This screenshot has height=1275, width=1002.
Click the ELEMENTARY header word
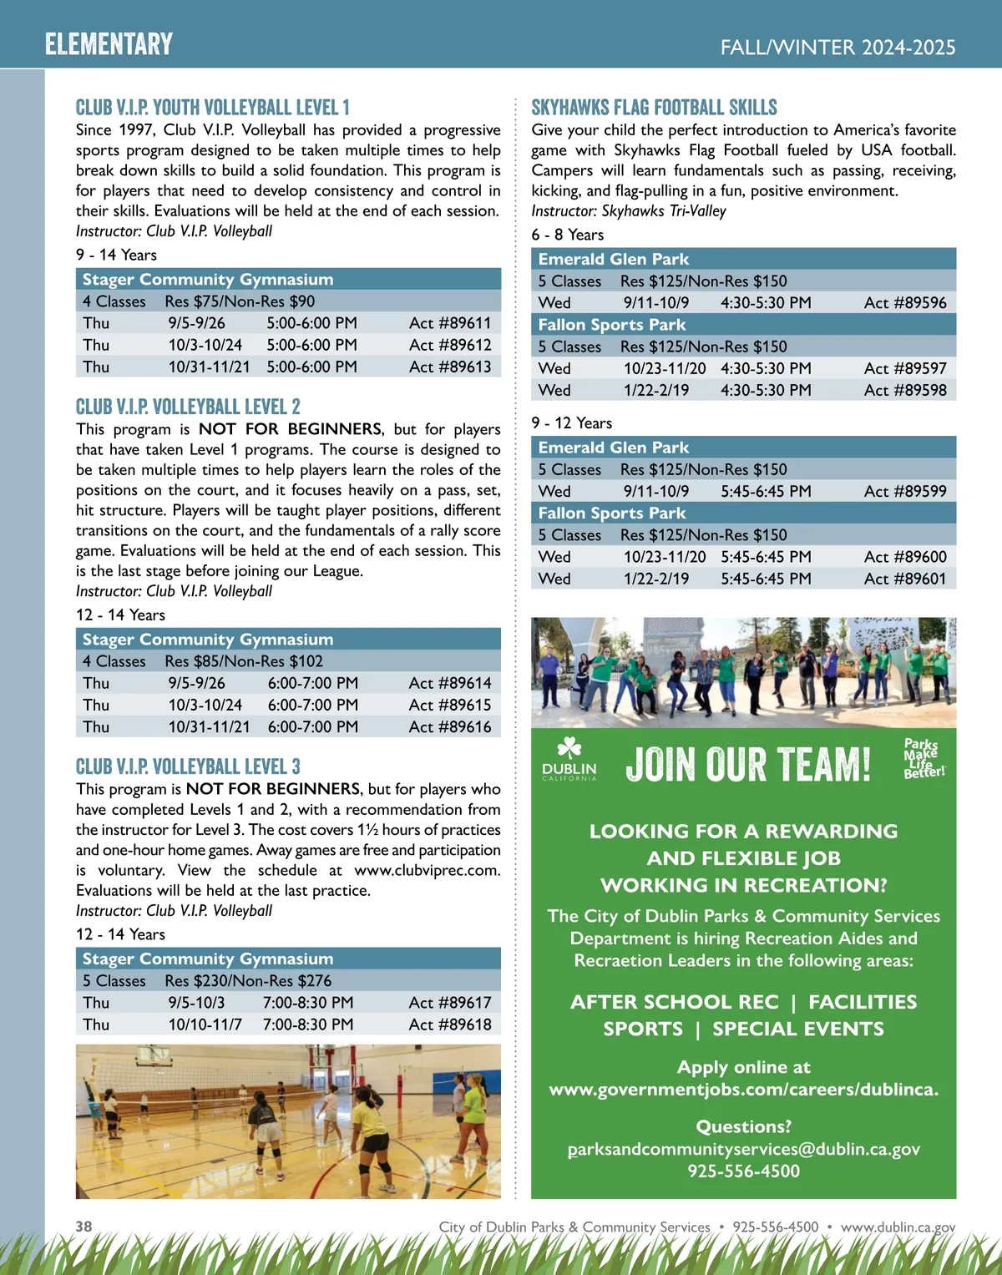pyautogui.click(x=109, y=43)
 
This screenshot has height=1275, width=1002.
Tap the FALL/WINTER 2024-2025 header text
pyautogui.click(x=838, y=48)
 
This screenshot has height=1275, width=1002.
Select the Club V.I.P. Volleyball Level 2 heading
pyautogui.click(x=188, y=407)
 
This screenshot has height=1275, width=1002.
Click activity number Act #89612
pyautogui.click(x=450, y=345)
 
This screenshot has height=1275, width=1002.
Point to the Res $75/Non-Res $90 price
pyautogui.click(x=240, y=301)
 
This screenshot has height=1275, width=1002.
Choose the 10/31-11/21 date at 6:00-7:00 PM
pyautogui.click(x=209, y=726)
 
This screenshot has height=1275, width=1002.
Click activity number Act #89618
pyautogui.click(x=450, y=1025)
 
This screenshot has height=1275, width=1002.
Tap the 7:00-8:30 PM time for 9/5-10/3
pyautogui.click(x=308, y=1003)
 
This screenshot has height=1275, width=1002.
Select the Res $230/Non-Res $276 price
pyautogui.click(x=248, y=981)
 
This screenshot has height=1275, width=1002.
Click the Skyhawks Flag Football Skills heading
pyautogui.click(x=654, y=108)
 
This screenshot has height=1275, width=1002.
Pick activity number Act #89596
pyautogui.click(x=905, y=303)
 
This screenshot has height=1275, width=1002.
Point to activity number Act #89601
pyautogui.click(x=905, y=579)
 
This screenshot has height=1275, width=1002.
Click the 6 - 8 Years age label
pyautogui.click(x=568, y=235)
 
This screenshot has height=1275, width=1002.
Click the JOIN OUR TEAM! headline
pyautogui.click(x=747, y=763)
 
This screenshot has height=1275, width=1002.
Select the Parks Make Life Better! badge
pyautogui.click(x=923, y=758)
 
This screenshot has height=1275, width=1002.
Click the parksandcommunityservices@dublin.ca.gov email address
pyautogui.click(x=743, y=1149)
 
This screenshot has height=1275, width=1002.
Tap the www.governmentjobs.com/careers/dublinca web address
pyautogui.click(x=743, y=1090)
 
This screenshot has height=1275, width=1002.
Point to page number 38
pyautogui.click(x=84, y=1226)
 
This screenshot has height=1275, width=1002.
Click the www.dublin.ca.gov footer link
pyautogui.click(x=898, y=1227)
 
